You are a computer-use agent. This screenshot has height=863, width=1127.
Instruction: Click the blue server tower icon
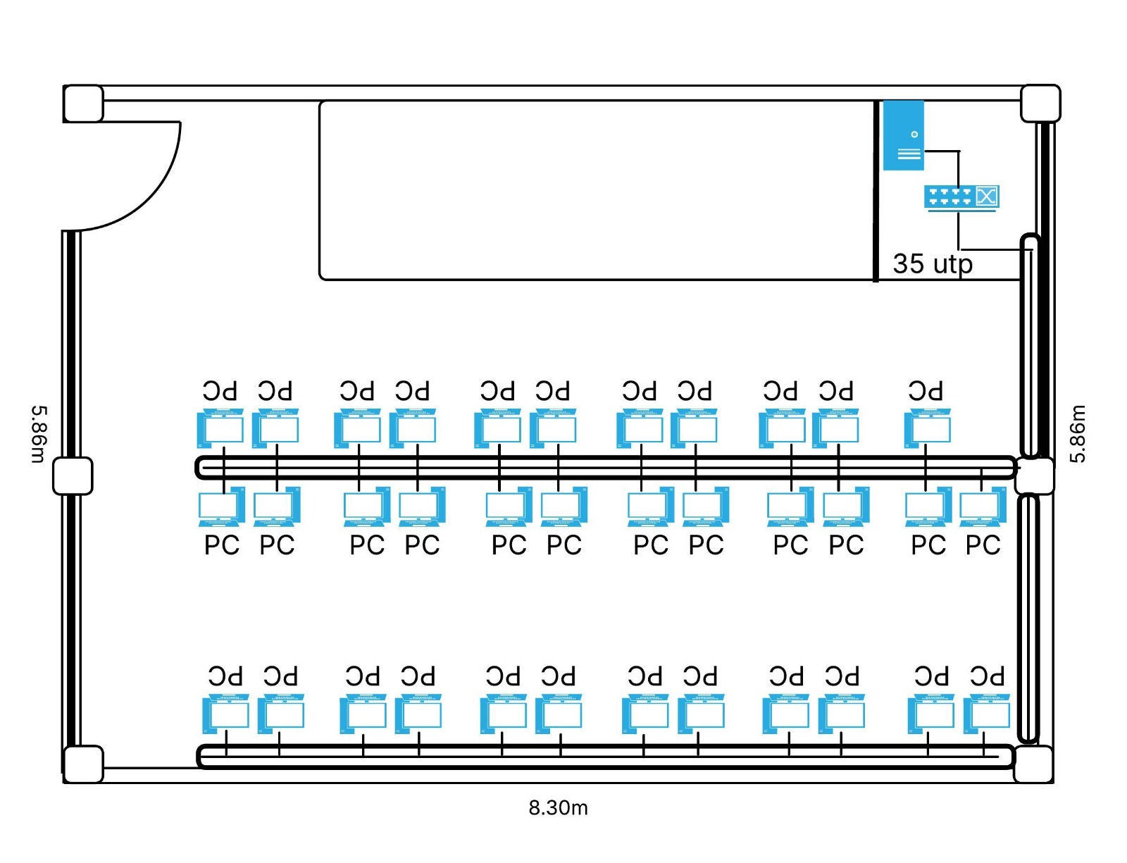[x=903, y=135]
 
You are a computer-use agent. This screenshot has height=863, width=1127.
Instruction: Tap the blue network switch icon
[x=961, y=197]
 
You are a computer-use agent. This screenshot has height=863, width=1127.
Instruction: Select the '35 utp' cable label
[x=932, y=264]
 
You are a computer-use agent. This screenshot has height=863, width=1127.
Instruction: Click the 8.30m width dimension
[x=558, y=807]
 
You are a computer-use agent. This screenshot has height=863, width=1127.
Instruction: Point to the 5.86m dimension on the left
[x=39, y=433]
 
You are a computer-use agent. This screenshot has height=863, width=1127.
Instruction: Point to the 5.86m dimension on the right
[x=1078, y=433]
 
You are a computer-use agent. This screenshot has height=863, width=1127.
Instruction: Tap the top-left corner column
[x=83, y=104]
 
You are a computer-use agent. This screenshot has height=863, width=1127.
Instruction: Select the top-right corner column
[x=1040, y=103]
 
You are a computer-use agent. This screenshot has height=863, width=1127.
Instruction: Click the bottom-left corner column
[x=83, y=764]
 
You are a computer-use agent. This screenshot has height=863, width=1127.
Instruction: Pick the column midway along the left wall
[x=73, y=476]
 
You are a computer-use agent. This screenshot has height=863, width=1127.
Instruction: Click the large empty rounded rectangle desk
[x=595, y=190]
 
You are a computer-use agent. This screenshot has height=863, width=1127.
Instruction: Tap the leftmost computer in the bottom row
[x=225, y=714]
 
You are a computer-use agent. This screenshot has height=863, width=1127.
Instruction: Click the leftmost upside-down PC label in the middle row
[x=220, y=391]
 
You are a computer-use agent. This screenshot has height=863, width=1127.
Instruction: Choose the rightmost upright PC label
[x=983, y=545]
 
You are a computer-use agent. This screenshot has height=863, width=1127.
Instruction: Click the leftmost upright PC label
[x=222, y=545]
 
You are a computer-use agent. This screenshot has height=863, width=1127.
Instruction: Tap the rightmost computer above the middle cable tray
[x=928, y=428]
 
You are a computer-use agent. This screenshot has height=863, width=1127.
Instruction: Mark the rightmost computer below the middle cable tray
[x=983, y=507]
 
